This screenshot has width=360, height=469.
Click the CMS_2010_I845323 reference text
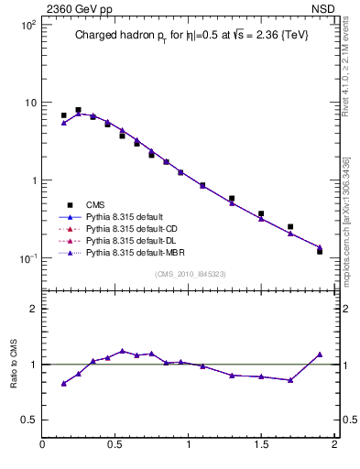188,274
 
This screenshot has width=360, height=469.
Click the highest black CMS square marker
78,110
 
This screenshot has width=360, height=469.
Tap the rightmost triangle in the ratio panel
320,354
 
